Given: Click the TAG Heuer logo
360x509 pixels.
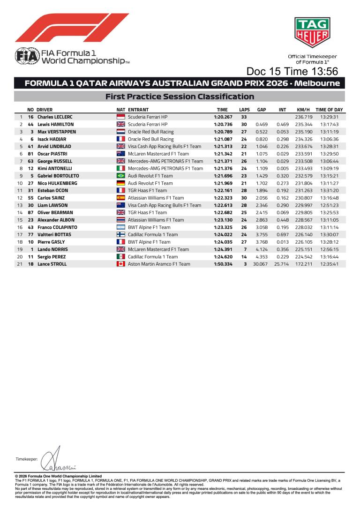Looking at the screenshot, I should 312,32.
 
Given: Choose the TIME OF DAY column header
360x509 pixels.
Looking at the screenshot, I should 329,109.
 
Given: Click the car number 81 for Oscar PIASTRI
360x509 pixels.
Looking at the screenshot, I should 31,154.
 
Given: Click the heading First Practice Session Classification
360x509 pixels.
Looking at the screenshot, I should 180,97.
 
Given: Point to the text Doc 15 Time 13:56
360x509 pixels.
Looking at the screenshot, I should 292,72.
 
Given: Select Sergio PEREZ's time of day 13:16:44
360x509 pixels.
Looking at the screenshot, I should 329,257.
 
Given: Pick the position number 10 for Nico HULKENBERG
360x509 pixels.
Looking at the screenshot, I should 20,183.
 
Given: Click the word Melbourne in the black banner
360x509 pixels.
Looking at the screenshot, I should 317,83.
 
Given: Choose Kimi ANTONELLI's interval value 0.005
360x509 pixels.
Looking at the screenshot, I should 282,168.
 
